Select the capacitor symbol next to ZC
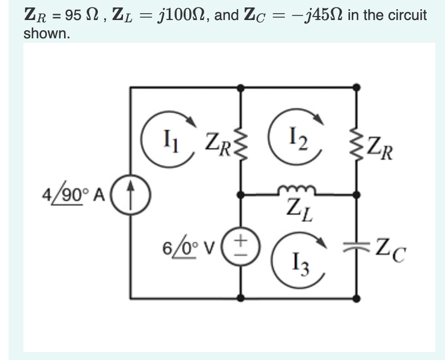[x=356, y=247]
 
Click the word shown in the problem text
[x=46, y=33]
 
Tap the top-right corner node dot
[x=356, y=87]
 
